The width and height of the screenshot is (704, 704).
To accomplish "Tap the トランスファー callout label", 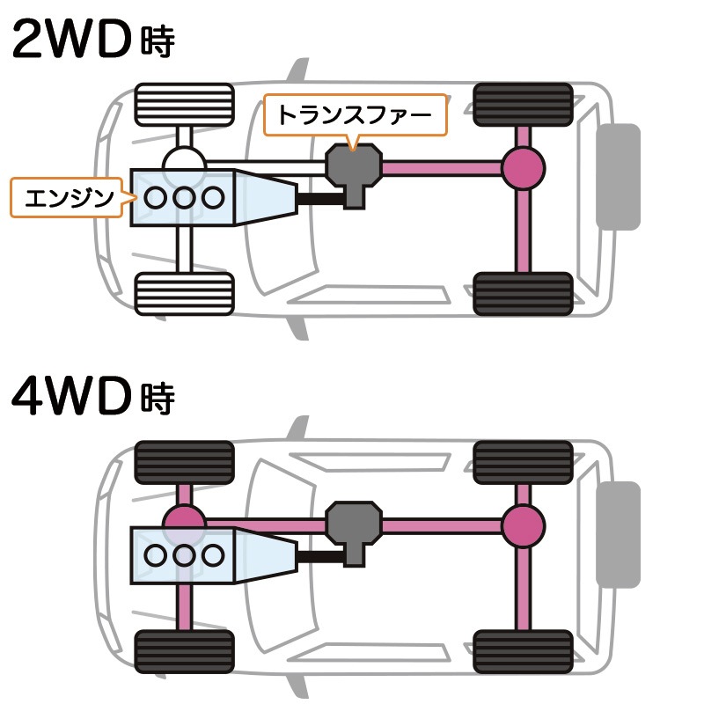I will click(x=355, y=115).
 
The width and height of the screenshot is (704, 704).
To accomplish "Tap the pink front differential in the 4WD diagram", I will click(x=184, y=523).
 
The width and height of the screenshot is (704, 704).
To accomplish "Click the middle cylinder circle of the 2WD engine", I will click(x=184, y=198).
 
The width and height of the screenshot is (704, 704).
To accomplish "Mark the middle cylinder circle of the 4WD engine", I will click(x=184, y=554).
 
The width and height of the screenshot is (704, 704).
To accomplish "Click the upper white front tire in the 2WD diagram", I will click(x=184, y=104).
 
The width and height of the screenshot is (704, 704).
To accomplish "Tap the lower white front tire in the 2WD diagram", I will click(x=184, y=293).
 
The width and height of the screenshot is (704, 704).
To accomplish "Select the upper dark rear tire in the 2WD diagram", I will click(x=523, y=104).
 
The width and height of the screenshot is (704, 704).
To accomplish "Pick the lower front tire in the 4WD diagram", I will click(x=184, y=653).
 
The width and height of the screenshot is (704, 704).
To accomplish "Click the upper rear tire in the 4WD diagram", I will click(x=523, y=461).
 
